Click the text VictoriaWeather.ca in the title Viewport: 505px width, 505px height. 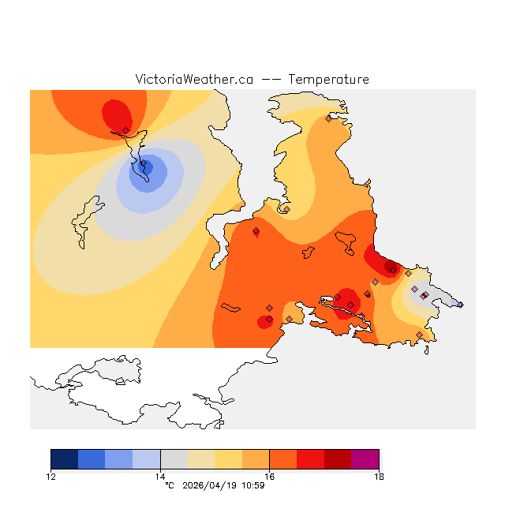click(194, 80)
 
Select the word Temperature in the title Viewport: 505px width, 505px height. click(328, 80)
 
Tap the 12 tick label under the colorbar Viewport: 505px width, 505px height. click(51, 476)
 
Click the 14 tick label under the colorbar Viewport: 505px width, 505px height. click(160, 476)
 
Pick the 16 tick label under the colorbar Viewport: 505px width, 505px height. click(269, 476)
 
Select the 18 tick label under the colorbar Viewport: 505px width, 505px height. click(379, 476)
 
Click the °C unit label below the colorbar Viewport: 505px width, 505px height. click(169, 485)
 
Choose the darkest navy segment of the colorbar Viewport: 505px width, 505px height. click(65, 459)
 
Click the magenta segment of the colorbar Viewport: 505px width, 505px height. click(365, 459)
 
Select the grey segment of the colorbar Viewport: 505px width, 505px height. click(174, 459)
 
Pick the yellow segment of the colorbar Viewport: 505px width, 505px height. click(228, 459)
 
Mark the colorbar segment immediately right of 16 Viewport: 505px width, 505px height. click(282, 459)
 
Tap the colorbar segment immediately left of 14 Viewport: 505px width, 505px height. click(146, 459)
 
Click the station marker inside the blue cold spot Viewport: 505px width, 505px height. click(143, 165)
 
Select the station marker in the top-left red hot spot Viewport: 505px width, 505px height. click(125, 130)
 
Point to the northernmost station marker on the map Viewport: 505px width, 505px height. click(328, 119)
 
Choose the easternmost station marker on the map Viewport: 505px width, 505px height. click(460, 304)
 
